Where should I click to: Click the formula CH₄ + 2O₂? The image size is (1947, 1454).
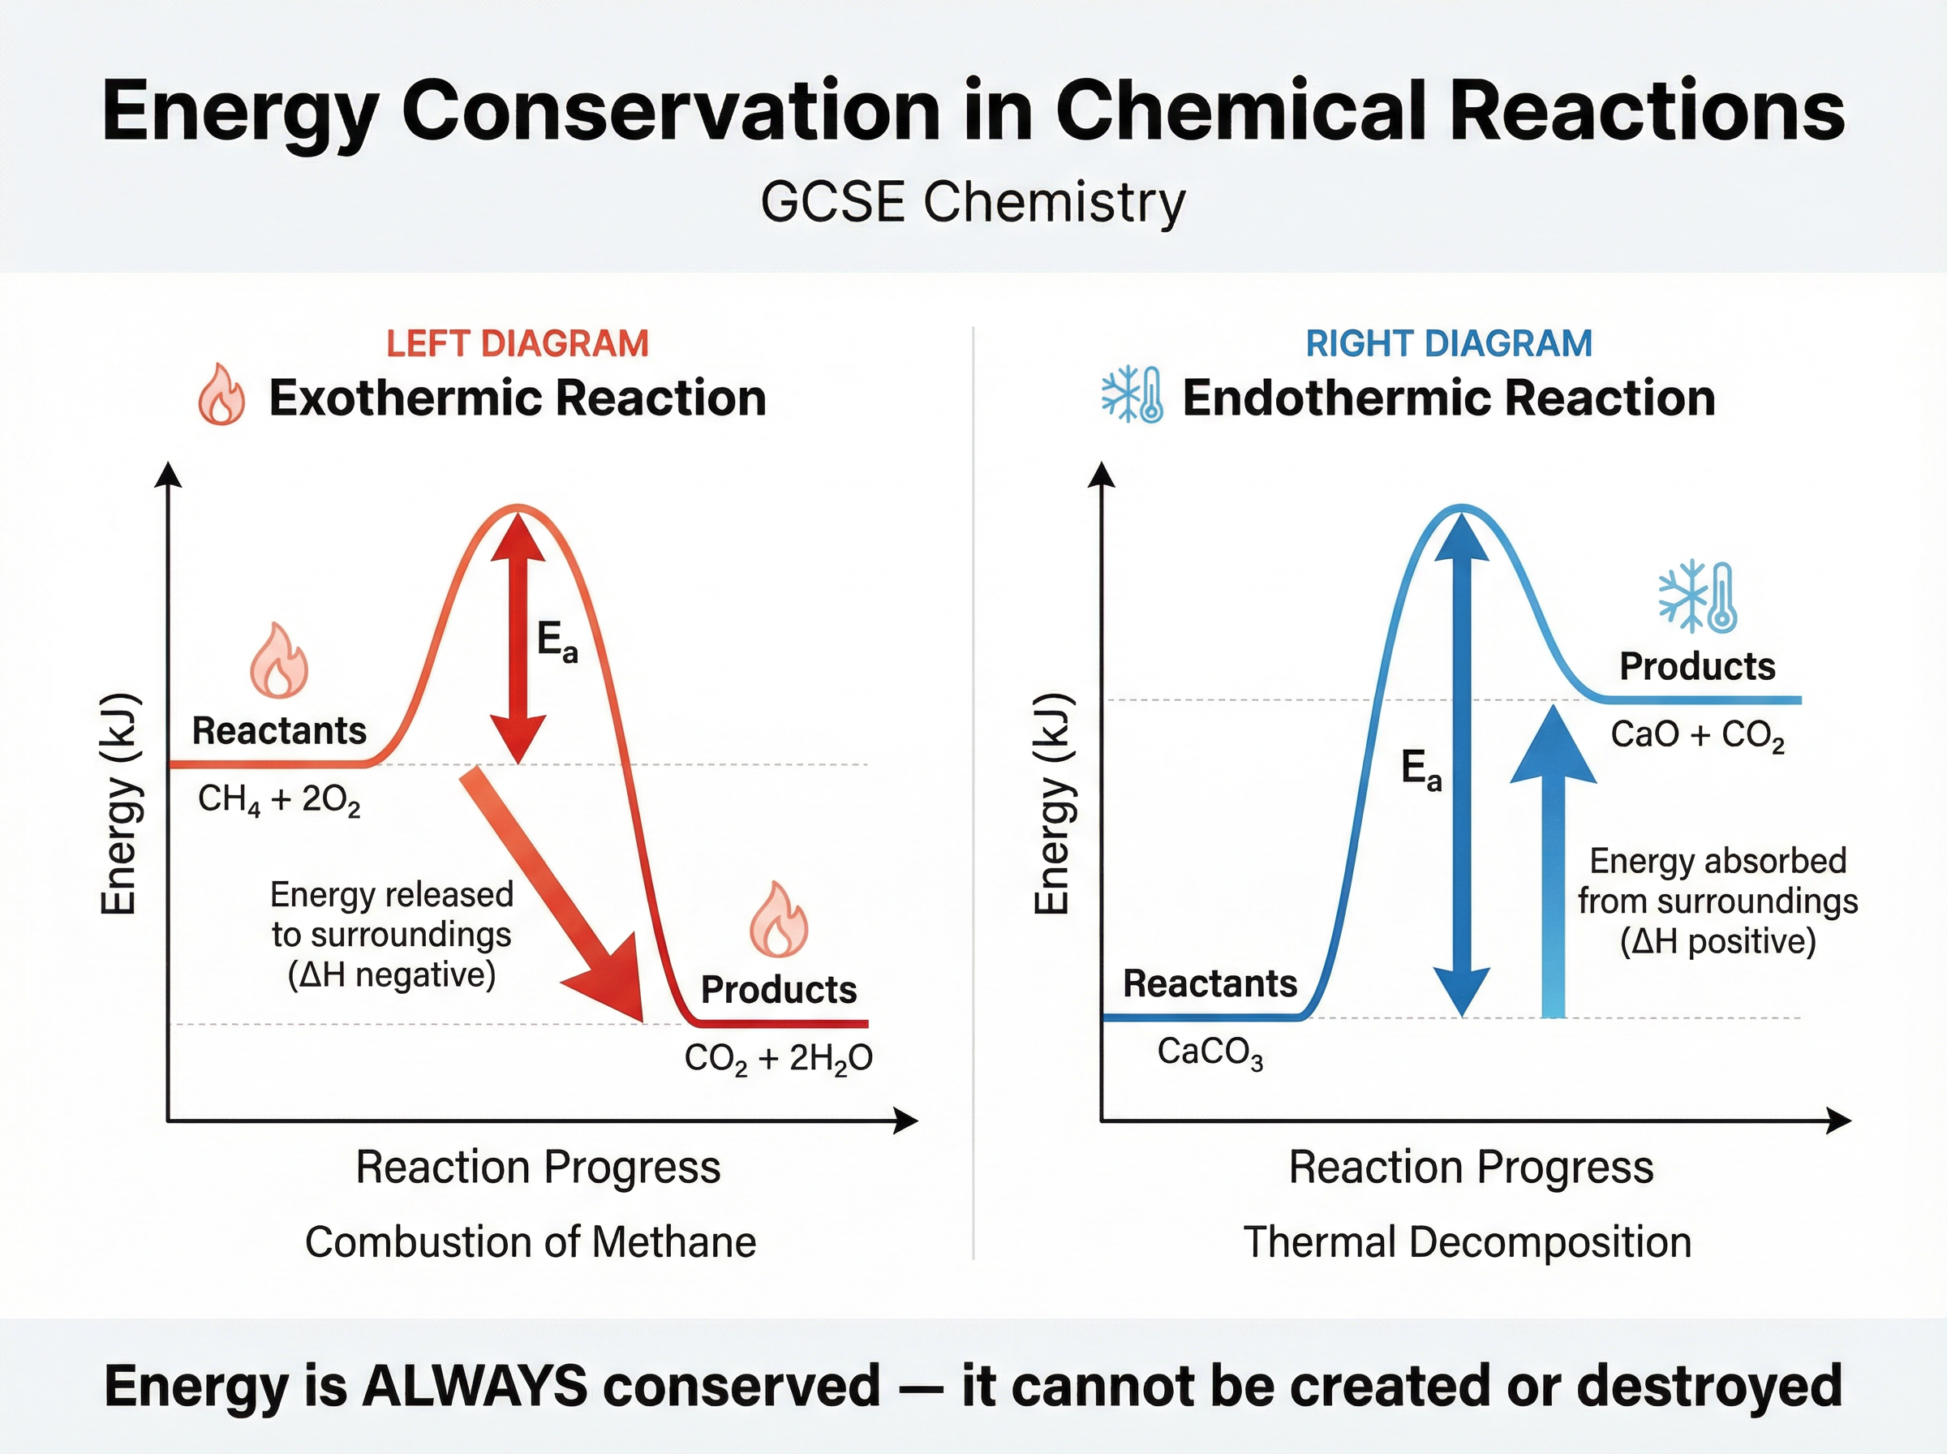coord(279,800)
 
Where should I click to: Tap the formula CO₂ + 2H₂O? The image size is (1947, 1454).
coord(778,1058)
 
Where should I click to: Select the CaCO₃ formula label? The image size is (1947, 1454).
coord(1210,1052)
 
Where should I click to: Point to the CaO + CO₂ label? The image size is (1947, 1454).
coord(1697,735)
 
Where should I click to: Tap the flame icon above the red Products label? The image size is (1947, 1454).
coord(779,920)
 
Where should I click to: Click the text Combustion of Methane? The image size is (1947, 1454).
coord(531,1243)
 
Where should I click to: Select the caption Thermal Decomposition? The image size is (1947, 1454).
coord(1467,1243)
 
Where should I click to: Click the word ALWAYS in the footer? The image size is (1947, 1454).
coord(475,1386)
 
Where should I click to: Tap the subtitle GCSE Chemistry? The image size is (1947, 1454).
coord(973,201)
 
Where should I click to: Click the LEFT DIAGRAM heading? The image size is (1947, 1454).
coord(518,343)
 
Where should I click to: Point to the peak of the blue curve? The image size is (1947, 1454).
coord(1460,508)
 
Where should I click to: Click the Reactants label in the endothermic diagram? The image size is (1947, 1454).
coord(1210,984)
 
